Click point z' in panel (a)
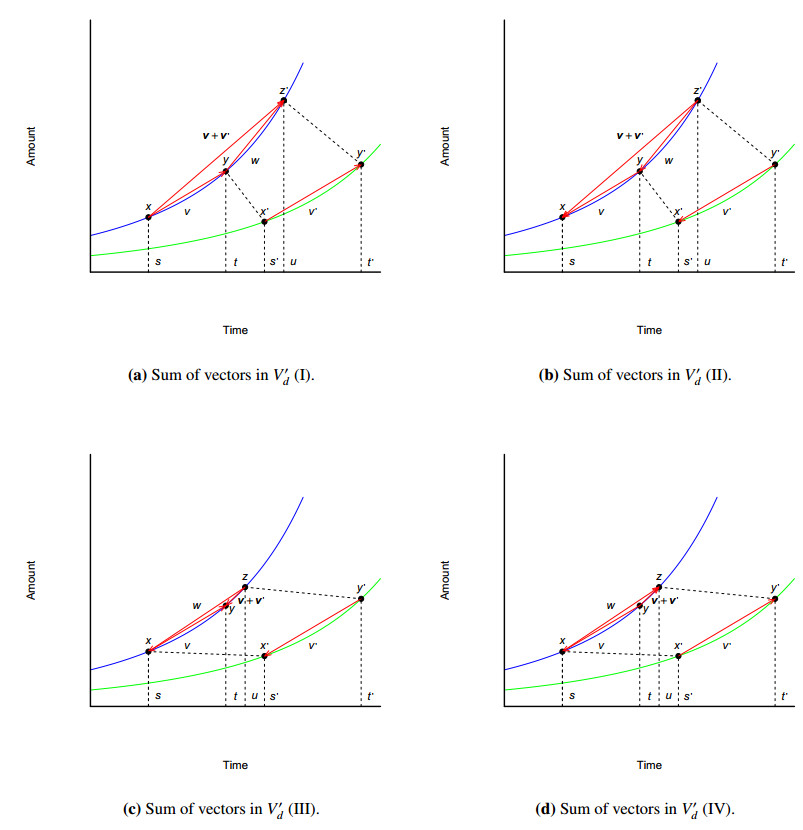coord(284,101)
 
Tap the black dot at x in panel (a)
coord(148,217)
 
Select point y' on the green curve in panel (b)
coord(775,164)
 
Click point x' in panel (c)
coord(265,656)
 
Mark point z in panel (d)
coord(659,588)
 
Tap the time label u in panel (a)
coord(293,262)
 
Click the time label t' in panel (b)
coord(785,262)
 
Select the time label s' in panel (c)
coord(274,696)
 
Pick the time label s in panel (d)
coord(572,696)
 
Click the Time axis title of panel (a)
coord(235,330)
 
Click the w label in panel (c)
coord(197,605)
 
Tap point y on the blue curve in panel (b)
coord(640,171)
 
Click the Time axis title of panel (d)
coord(649,765)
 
